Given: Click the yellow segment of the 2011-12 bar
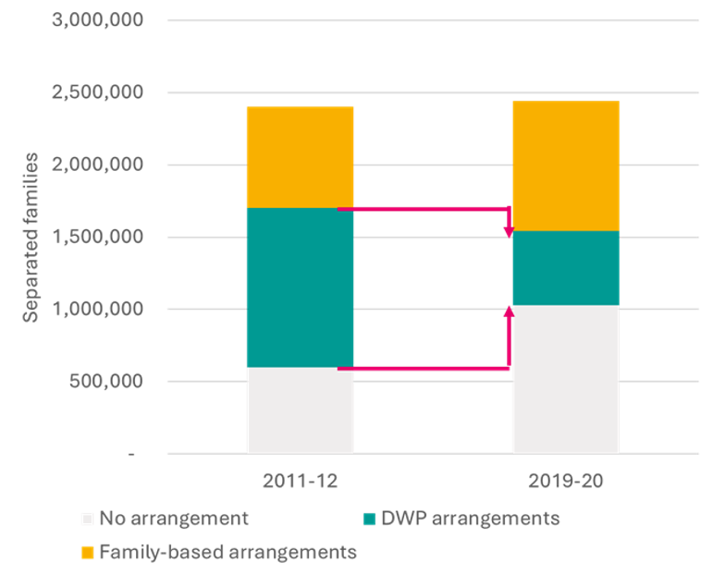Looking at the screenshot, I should click(x=301, y=157).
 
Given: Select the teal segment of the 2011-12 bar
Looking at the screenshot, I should click(x=301, y=287).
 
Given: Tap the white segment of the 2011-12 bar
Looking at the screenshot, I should click(x=301, y=410).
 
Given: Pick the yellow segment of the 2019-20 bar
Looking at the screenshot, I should click(x=565, y=165).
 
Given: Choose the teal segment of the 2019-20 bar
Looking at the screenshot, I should click(x=565, y=268).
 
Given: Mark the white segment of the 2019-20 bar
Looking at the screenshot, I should click(x=565, y=379).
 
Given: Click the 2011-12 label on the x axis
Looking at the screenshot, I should click(x=301, y=481).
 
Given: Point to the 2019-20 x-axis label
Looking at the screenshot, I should click(x=565, y=481).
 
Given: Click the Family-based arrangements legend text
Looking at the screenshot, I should click(x=227, y=553).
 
